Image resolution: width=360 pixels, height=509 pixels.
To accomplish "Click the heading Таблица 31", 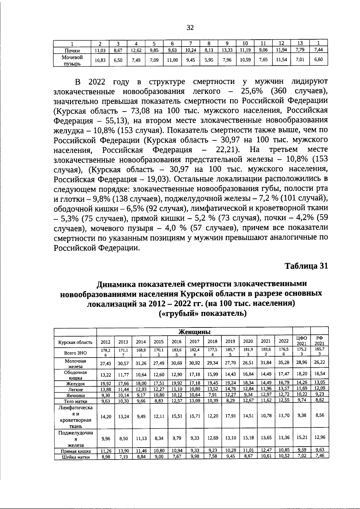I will click(306, 266).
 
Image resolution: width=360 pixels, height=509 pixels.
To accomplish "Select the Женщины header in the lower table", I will click(194, 332).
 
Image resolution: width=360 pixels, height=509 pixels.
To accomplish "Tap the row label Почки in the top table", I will click(72, 50).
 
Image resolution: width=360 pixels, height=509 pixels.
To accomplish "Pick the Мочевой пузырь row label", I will click(72, 60).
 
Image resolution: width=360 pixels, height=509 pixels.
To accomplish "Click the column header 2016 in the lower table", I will click(176, 342).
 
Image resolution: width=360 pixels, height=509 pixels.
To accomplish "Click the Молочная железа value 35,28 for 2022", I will click(284, 363).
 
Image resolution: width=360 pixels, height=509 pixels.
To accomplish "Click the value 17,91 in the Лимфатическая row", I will click(230, 416).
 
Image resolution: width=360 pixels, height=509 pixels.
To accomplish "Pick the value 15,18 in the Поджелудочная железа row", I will click(248, 438).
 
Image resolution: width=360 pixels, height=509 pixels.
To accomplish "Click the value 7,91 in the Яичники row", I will click(212, 395).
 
